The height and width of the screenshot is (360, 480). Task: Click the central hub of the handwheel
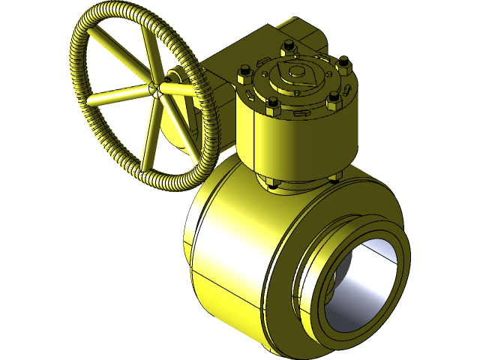click(157, 89)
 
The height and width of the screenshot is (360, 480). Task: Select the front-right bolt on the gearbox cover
click(333, 98)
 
